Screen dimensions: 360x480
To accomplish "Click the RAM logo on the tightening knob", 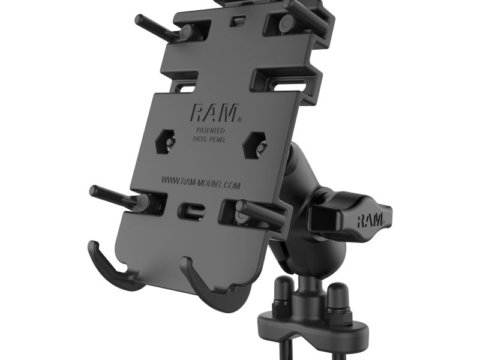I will [x=372, y=219].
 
